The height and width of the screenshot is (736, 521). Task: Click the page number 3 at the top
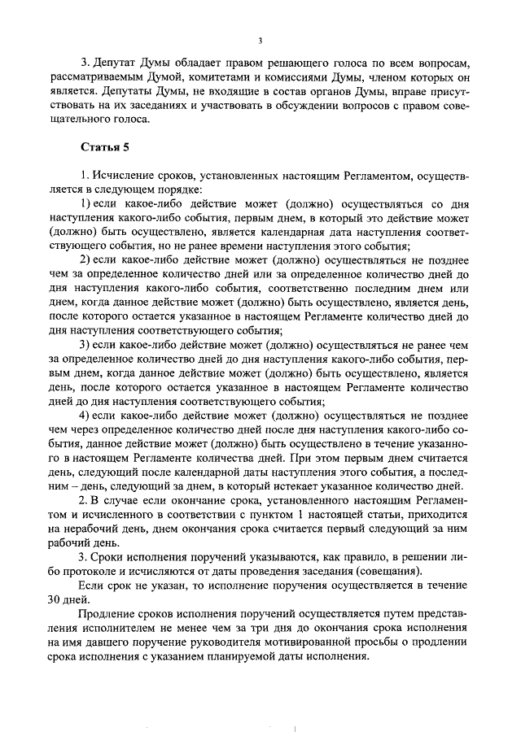click(x=259, y=41)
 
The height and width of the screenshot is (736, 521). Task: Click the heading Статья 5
click(x=102, y=147)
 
